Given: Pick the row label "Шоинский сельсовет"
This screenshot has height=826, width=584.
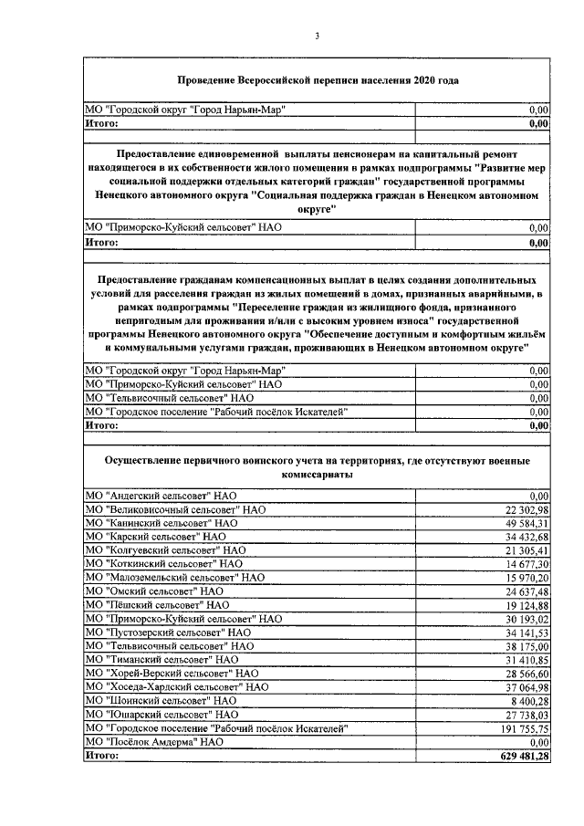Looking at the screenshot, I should [161, 701].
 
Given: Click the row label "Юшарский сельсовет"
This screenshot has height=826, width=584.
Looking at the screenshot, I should [161, 715].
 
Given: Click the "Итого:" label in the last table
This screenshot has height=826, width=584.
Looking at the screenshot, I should [102, 757].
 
